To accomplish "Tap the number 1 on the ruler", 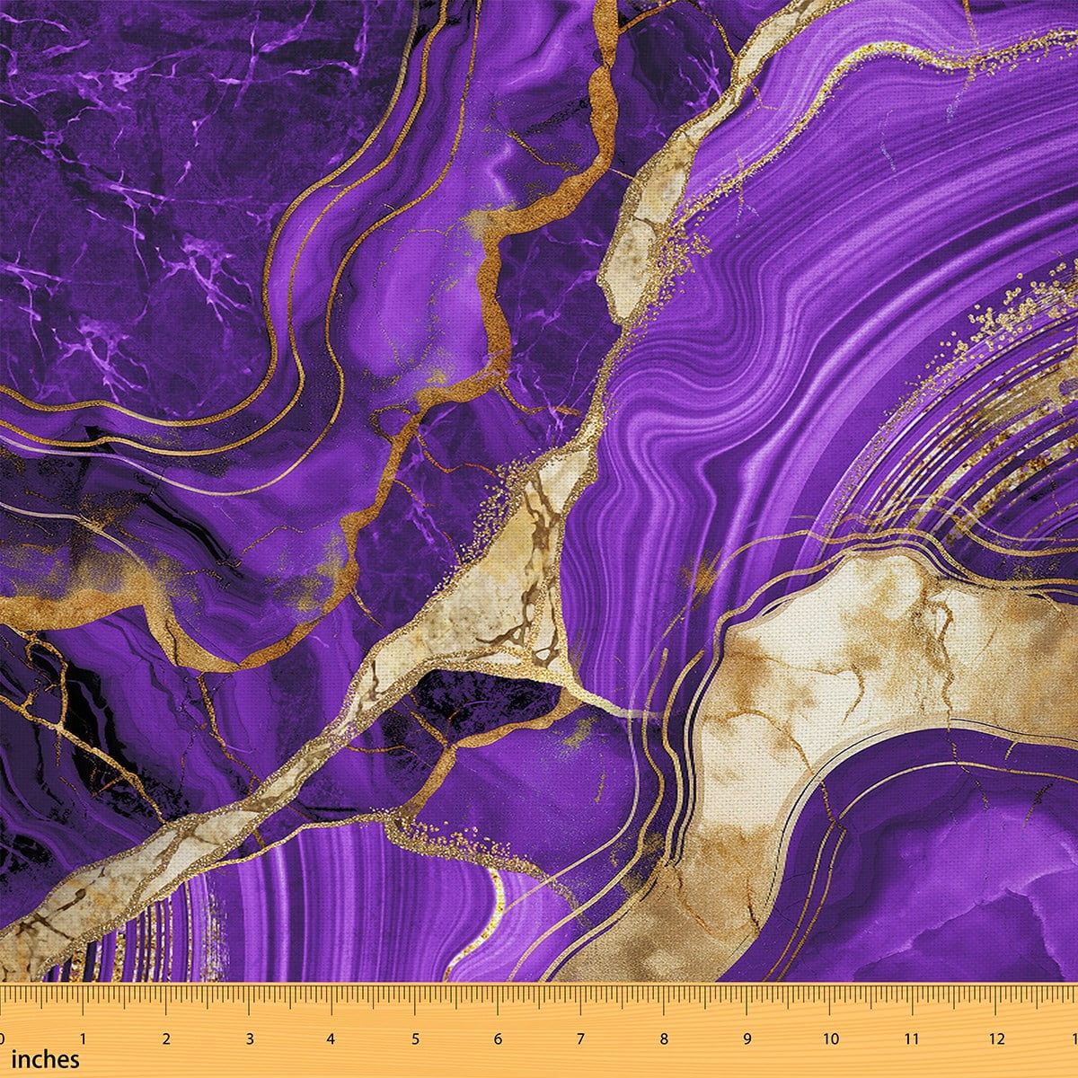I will [83, 1038].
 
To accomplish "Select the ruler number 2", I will [166, 1038].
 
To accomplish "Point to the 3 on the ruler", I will [249, 1038].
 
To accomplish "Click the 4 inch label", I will [331, 1038].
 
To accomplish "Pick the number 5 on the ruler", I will [415, 1038].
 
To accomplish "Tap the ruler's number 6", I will [498, 1038].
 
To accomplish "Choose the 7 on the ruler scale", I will [580, 1038].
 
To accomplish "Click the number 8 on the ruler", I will [664, 1038].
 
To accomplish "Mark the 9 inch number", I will [747, 1038].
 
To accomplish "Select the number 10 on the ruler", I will [830, 1038].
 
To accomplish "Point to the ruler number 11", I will [913, 1038].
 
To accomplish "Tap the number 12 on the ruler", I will [996, 1038].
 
